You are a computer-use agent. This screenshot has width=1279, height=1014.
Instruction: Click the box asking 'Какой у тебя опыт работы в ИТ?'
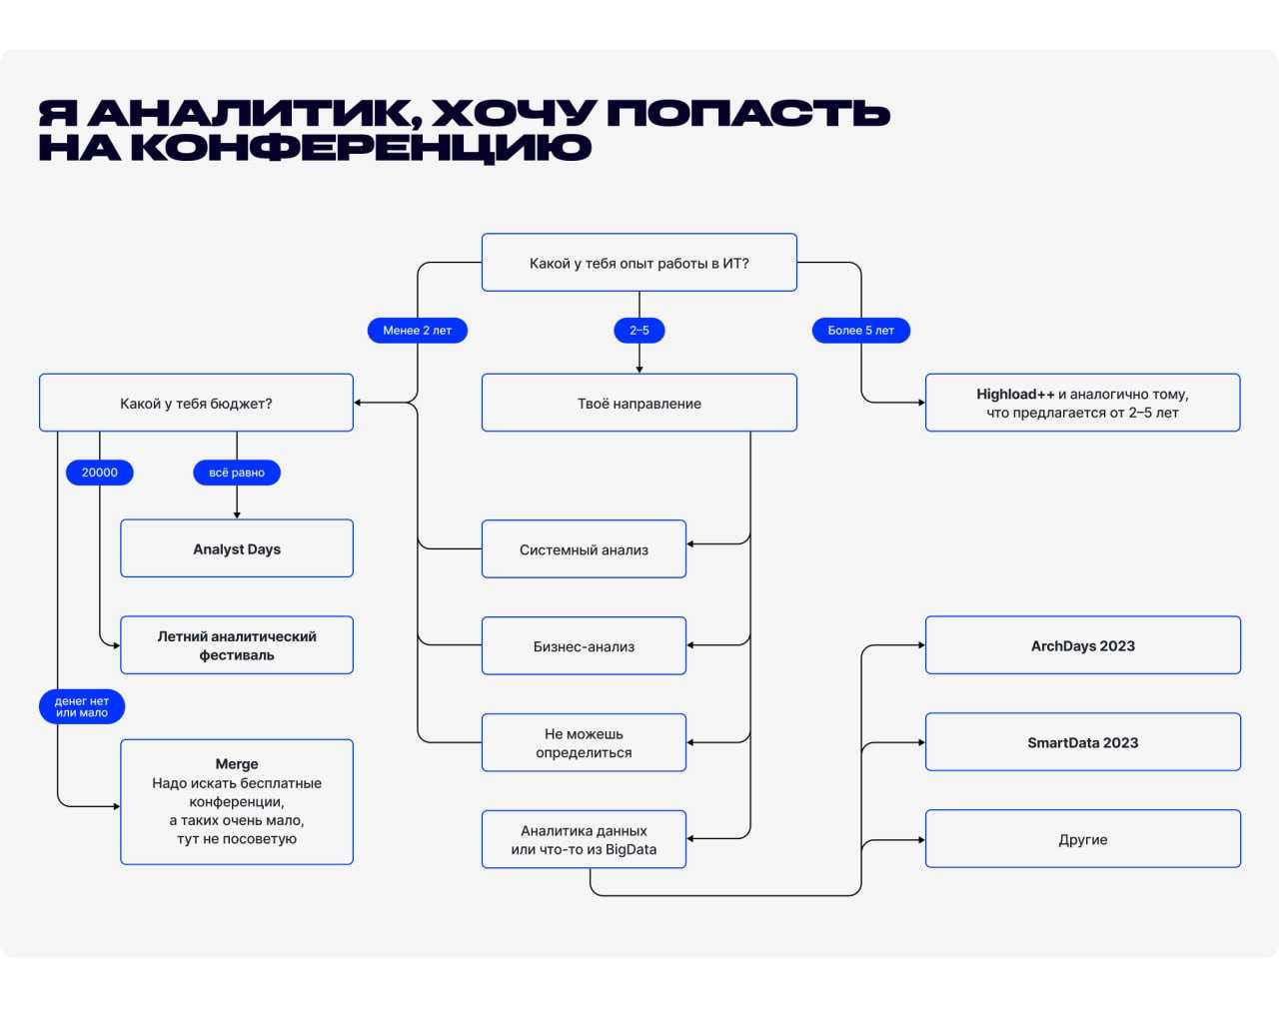click(639, 263)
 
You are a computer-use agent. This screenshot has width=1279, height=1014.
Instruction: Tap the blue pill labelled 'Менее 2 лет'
click(418, 331)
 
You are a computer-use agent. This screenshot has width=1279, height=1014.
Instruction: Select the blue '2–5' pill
click(639, 331)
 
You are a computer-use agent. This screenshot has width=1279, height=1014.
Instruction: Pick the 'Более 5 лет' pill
click(860, 331)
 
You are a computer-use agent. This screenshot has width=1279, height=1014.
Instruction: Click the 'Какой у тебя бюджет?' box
click(196, 404)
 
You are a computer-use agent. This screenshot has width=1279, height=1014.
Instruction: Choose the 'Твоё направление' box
click(639, 404)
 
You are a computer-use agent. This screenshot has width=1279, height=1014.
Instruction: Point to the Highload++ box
click(1082, 404)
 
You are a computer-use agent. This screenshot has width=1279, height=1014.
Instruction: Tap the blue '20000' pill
click(100, 473)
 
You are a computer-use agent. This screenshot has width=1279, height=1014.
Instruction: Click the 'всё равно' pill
click(237, 473)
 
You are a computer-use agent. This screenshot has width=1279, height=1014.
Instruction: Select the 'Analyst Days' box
click(237, 548)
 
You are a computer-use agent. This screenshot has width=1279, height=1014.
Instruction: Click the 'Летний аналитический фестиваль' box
click(237, 645)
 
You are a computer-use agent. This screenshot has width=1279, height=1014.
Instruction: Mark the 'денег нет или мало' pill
click(82, 707)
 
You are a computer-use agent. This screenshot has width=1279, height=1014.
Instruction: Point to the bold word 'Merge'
click(237, 764)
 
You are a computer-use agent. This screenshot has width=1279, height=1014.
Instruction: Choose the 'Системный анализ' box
click(584, 549)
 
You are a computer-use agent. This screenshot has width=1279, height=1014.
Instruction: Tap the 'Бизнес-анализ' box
click(584, 646)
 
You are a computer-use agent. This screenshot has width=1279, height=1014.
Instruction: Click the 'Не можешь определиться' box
click(584, 743)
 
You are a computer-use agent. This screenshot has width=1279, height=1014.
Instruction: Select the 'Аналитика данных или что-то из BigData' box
click(584, 840)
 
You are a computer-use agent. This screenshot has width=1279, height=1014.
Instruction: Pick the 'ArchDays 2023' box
click(1082, 645)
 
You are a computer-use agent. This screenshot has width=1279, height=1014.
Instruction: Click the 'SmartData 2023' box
click(1082, 742)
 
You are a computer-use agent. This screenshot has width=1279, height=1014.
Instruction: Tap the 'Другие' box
click(1082, 839)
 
